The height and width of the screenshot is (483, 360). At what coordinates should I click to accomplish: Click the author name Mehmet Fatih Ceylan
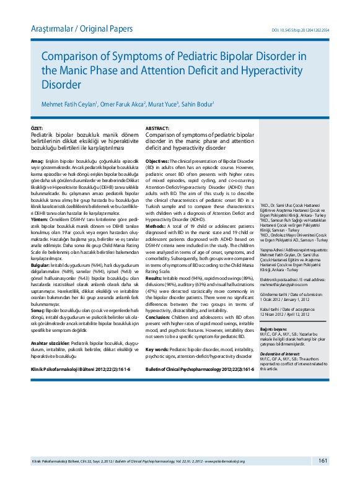click(x=68, y=104)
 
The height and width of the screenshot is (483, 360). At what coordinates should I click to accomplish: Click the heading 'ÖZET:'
click(x=37, y=128)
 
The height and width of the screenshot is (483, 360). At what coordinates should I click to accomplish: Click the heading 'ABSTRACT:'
click(x=158, y=128)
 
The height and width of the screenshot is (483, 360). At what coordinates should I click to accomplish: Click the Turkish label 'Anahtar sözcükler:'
click(x=50, y=342)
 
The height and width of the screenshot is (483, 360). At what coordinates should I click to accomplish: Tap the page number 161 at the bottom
click(x=323, y=461)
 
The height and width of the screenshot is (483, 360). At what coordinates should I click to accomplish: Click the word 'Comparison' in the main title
click(x=77, y=57)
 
